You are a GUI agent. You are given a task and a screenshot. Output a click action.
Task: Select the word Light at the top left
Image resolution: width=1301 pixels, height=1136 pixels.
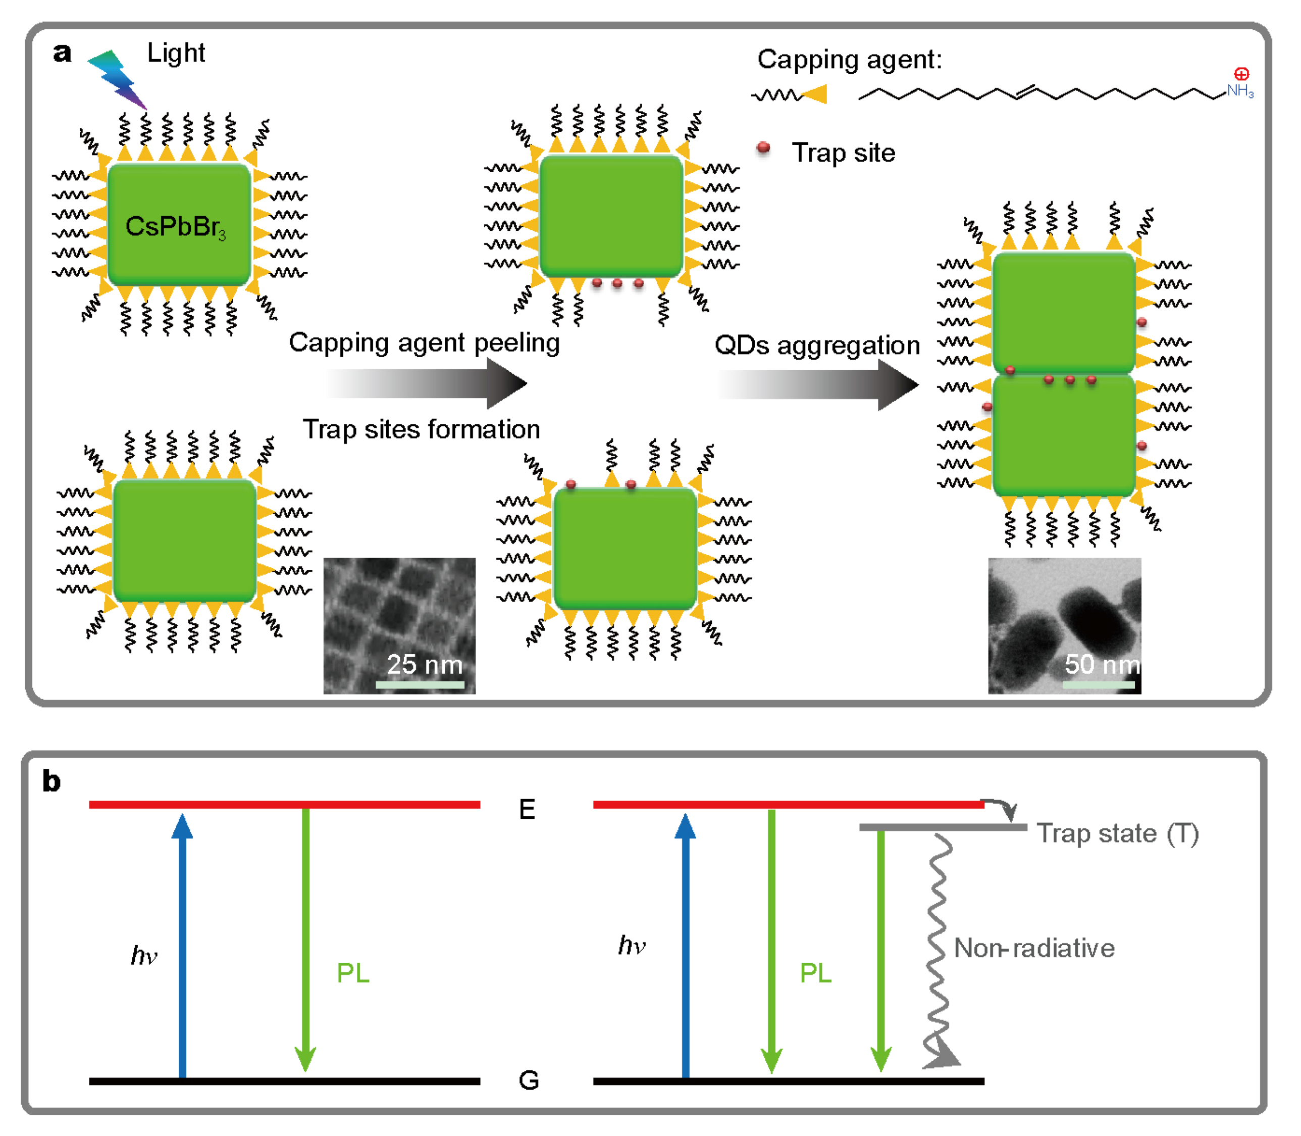[x=176, y=53]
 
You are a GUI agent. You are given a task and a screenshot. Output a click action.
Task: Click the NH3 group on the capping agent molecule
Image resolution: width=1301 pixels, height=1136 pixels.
[x=1239, y=90]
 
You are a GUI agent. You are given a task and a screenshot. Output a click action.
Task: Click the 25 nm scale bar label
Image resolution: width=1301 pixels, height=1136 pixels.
[x=424, y=664]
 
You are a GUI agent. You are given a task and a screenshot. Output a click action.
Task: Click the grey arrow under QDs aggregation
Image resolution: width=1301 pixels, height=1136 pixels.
[x=817, y=384]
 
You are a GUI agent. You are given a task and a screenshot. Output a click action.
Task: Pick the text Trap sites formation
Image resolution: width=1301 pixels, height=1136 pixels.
[x=422, y=429]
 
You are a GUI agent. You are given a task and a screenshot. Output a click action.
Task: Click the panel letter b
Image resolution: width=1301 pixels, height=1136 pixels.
[x=51, y=781]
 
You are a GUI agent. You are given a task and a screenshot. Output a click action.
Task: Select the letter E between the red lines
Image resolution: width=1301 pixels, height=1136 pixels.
[x=527, y=810]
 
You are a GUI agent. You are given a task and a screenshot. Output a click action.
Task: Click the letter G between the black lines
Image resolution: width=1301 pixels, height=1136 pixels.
[x=529, y=1080]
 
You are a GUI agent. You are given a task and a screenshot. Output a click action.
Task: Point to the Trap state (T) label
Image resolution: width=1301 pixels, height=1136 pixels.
[x=1117, y=833]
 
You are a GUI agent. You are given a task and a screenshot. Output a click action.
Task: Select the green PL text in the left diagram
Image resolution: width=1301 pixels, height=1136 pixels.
[x=353, y=973]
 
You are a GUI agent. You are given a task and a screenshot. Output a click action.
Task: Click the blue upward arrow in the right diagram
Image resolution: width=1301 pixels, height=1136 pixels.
[x=685, y=945]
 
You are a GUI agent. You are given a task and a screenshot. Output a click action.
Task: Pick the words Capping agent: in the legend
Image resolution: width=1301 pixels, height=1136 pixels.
[x=849, y=60]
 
